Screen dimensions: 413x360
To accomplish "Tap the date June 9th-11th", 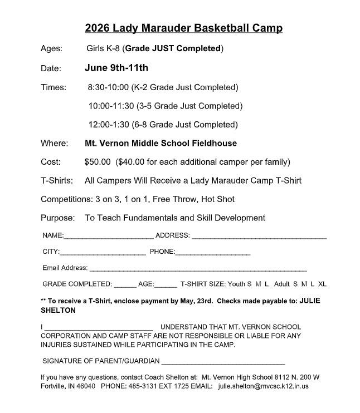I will pyautogui.click(x=116, y=68).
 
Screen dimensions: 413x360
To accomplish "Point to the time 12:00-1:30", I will pyautogui.click(x=110, y=124).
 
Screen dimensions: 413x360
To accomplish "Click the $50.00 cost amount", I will pyautogui.click(x=98, y=162).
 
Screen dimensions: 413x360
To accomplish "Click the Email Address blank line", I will pyautogui.click(x=198, y=269).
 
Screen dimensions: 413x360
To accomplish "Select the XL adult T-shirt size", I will pyautogui.click(x=322, y=284).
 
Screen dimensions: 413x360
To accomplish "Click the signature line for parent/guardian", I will pyautogui.click(x=223, y=362).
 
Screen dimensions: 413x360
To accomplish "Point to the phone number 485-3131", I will pyautogui.click(x=150, y=385).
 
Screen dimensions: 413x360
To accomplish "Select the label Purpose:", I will pyautogui.click(x=57, y=218).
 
